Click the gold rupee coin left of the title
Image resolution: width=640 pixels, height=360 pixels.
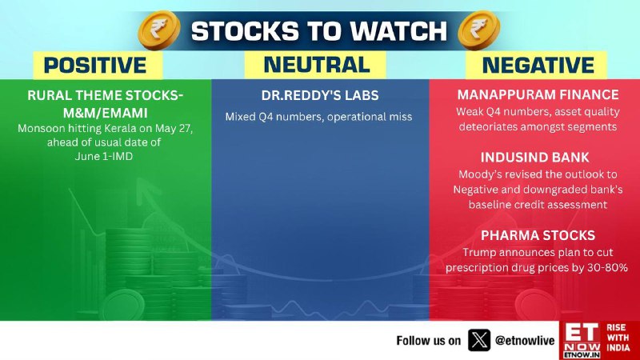click(x=159, y=30)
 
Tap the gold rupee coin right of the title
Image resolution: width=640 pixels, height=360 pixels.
click(x=478, y=30)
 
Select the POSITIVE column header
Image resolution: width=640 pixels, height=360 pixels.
click(x=95, y=66)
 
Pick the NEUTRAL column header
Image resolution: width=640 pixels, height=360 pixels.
click(x=317, y=65)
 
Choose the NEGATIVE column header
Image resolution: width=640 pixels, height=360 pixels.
click(x=538, y=66)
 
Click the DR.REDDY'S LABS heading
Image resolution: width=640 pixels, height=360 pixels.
click(x=320, y=95)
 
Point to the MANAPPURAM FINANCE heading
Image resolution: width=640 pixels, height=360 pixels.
click(x=538, y=94)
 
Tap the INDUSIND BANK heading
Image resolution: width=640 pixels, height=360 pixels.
click(x=534, y=157)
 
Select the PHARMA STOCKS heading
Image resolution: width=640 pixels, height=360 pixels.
click(x=538, y=235)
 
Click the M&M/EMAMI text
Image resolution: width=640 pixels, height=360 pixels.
click(x=106, y=113)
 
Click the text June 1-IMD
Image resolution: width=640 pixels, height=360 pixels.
click(x=104, y=156)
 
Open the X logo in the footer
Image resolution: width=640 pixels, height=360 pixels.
click(x=478, y=340)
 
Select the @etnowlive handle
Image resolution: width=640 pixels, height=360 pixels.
click(x=525, y=341)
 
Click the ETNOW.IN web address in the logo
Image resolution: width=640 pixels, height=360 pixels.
click(x=582, y=354)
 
